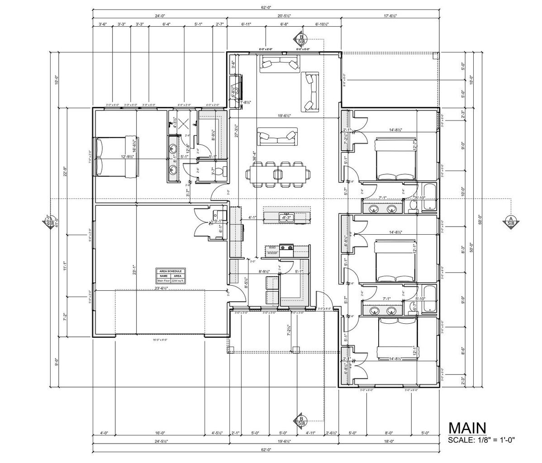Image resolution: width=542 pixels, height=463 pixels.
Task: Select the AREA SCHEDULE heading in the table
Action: point(171,271)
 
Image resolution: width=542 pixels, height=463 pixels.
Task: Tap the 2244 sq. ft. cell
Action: point(177,280)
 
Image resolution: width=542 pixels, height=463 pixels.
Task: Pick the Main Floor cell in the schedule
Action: point(163,280)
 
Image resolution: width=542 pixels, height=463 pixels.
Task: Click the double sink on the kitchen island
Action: point(286,217)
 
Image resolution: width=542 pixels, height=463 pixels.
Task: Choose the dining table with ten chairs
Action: point(277,174)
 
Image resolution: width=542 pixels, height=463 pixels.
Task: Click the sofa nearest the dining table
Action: point(276,136)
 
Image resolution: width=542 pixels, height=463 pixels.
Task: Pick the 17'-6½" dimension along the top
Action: point(390,15)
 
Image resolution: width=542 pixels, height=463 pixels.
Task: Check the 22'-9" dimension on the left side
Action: point(66,171)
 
